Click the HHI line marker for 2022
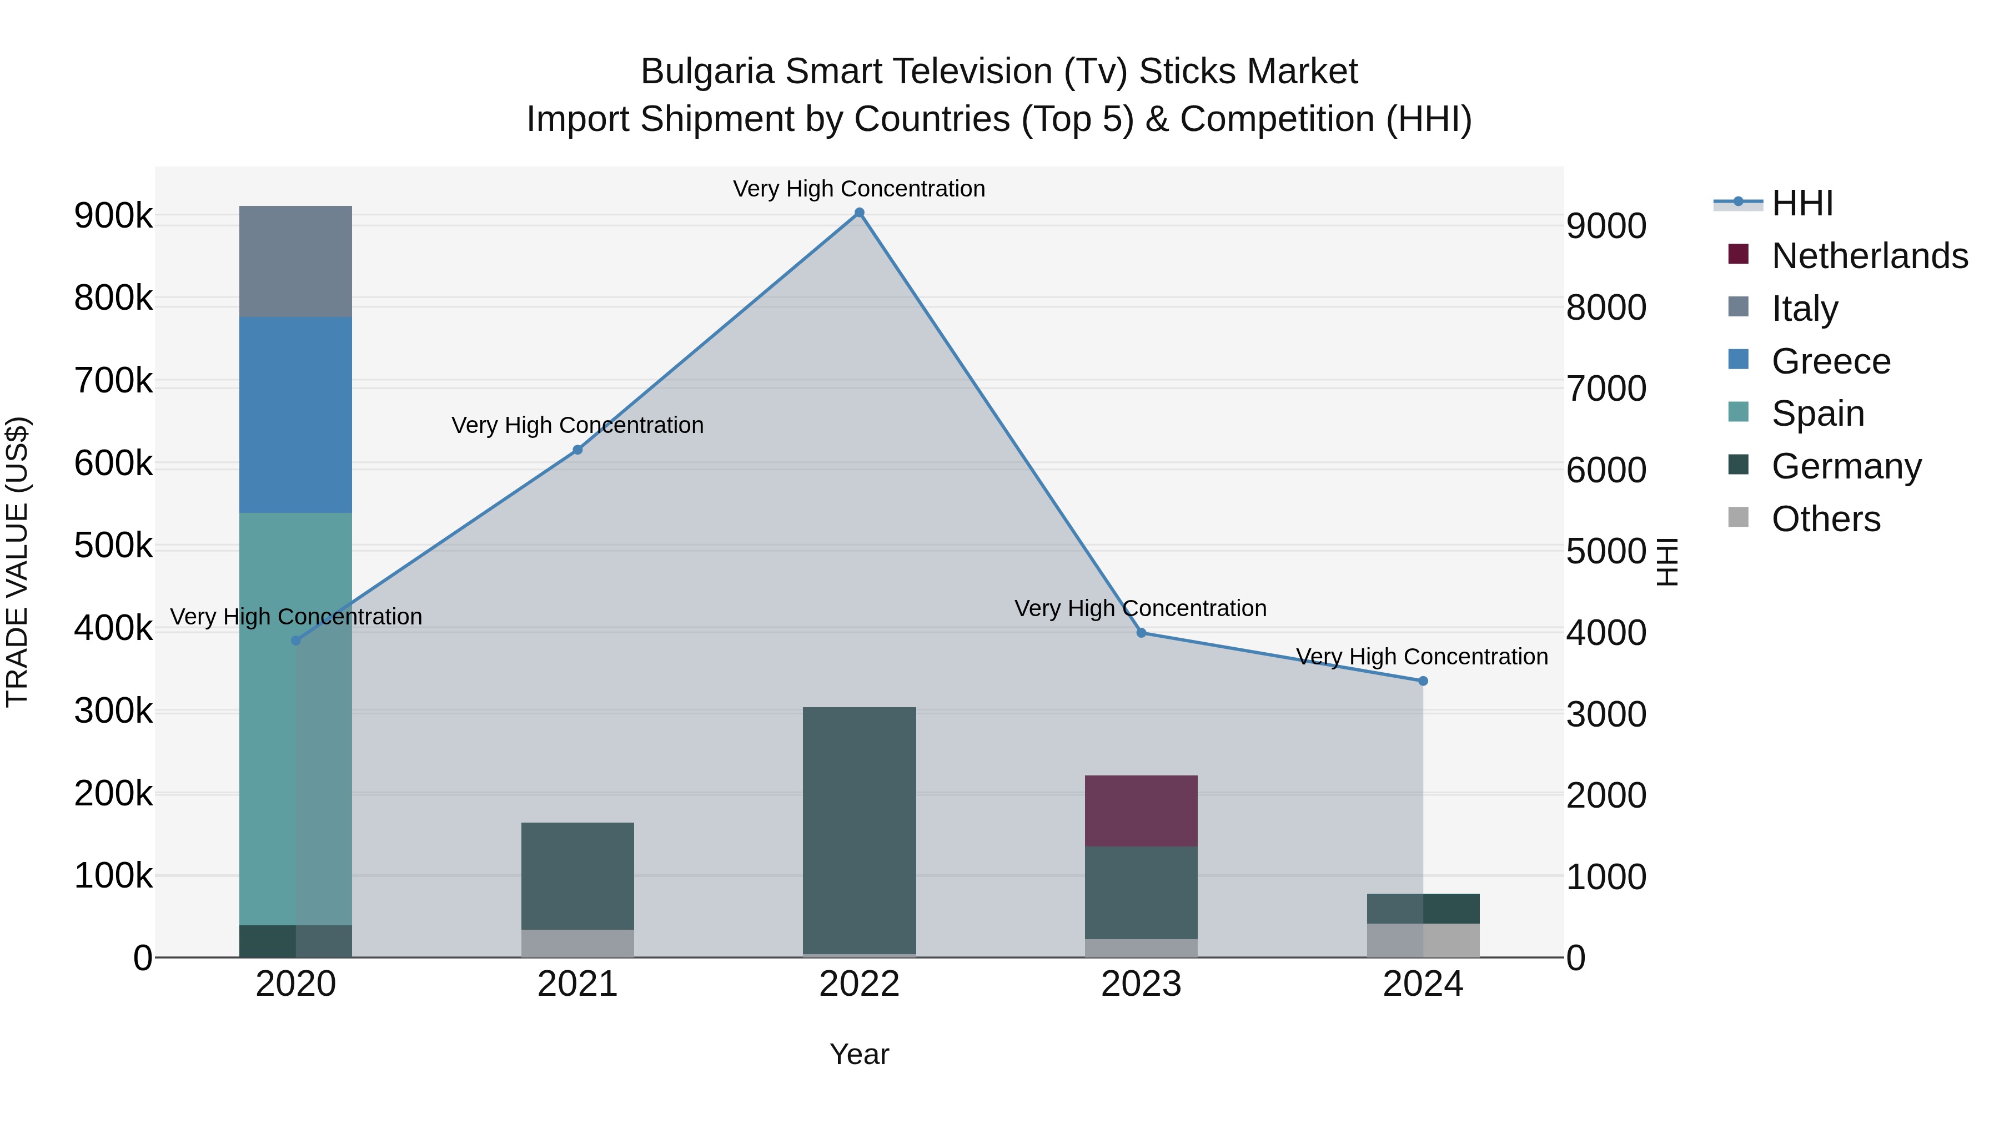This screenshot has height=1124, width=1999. pos(859,213)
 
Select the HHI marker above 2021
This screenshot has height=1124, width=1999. pos(577,450)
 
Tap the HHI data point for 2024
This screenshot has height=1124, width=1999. pos(1423,681)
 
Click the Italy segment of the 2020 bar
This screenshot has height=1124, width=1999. pos(295,261)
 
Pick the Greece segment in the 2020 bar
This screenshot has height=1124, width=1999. pos(295,415)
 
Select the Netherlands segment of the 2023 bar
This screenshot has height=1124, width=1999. pos(1141,810)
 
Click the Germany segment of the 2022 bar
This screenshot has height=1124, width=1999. pos(859,830)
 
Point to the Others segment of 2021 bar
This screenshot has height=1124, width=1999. pos(577,943)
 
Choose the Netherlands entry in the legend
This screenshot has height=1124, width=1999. pos(1870,256)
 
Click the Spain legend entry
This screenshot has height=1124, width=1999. pos(1817,414)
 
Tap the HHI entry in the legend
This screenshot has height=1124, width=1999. pos(1802,203)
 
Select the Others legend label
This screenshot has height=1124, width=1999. pos(1826,519)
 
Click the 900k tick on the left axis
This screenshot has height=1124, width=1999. pos(113,216)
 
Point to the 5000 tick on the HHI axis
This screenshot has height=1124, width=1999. pos(1605,552)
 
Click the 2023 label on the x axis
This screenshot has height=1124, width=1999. pos(1141,984)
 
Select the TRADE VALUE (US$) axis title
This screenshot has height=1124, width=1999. pos(17,562)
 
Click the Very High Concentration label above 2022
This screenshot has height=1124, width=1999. pos(859,189)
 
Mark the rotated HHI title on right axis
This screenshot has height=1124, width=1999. pos(1667,562)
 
